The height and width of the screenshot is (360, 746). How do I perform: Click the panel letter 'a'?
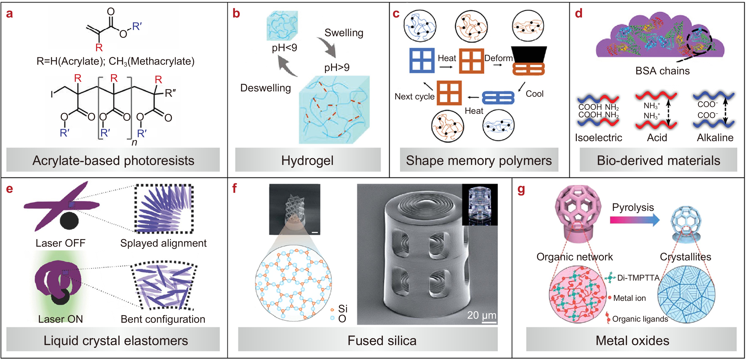(x=9, y=14)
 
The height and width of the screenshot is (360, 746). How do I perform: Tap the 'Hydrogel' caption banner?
(x=308, y=161)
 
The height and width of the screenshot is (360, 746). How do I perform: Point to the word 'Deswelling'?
(x=265, y=88)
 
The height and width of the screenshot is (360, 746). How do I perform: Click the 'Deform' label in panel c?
(x=498, y=58)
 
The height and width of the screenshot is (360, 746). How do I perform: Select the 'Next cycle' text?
(x=414, y=96)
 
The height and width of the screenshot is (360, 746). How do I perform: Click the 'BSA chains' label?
(x=662, y=71)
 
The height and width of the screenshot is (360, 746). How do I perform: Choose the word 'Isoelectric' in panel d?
(x=598, y=138)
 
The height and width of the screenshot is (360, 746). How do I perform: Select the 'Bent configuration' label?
(x=163, y=319)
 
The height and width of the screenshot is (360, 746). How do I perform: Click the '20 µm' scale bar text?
(x=481, y=315)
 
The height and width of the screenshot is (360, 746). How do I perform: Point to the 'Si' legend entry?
(x=342, y=309)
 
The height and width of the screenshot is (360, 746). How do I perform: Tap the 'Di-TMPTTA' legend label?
(x=638, y=278)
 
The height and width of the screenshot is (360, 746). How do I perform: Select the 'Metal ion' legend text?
(x=629, y=298)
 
